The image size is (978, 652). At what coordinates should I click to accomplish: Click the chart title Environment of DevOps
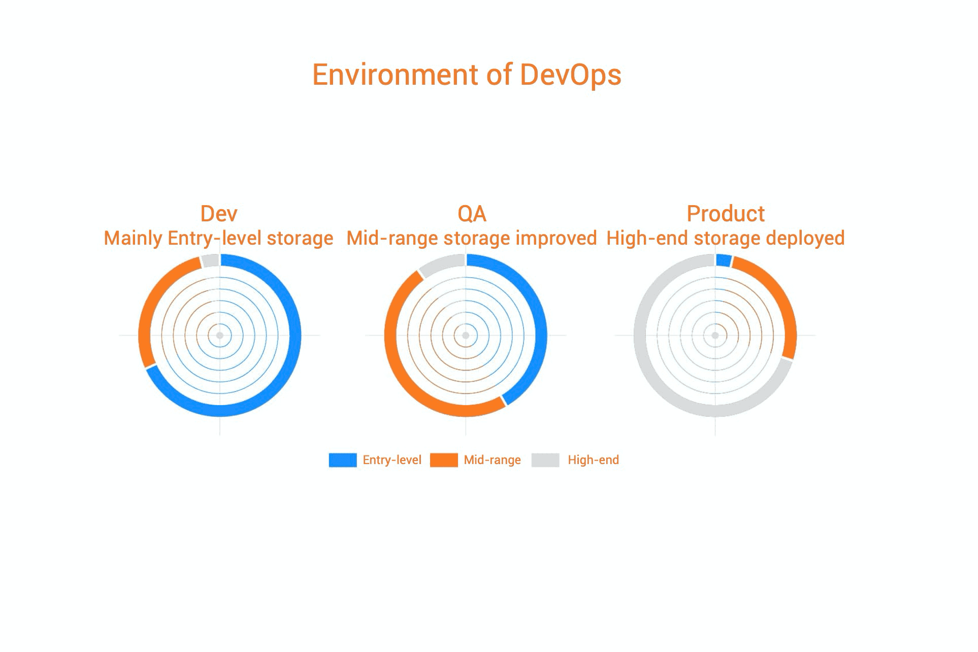[467, 75]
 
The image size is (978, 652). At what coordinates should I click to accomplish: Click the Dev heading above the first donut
[219, 214]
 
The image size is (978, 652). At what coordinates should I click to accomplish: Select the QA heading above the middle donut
[472, 214]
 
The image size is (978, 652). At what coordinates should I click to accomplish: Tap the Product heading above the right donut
[726, 214]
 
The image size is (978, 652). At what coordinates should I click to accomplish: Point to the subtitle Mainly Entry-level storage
[218, 238]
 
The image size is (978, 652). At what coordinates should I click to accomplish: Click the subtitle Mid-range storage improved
[472, 238]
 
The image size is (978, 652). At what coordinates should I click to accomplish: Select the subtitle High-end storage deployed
[726, 238]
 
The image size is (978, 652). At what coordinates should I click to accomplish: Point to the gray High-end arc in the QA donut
[441, 264]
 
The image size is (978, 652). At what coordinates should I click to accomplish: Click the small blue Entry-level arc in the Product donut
[724, 260]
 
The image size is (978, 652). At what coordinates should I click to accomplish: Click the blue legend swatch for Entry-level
[343, 460]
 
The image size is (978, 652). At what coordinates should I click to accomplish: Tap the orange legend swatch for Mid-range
[444, 460]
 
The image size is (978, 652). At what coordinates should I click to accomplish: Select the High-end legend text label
[593, 460]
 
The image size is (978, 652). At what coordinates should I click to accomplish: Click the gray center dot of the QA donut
[466, 335]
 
